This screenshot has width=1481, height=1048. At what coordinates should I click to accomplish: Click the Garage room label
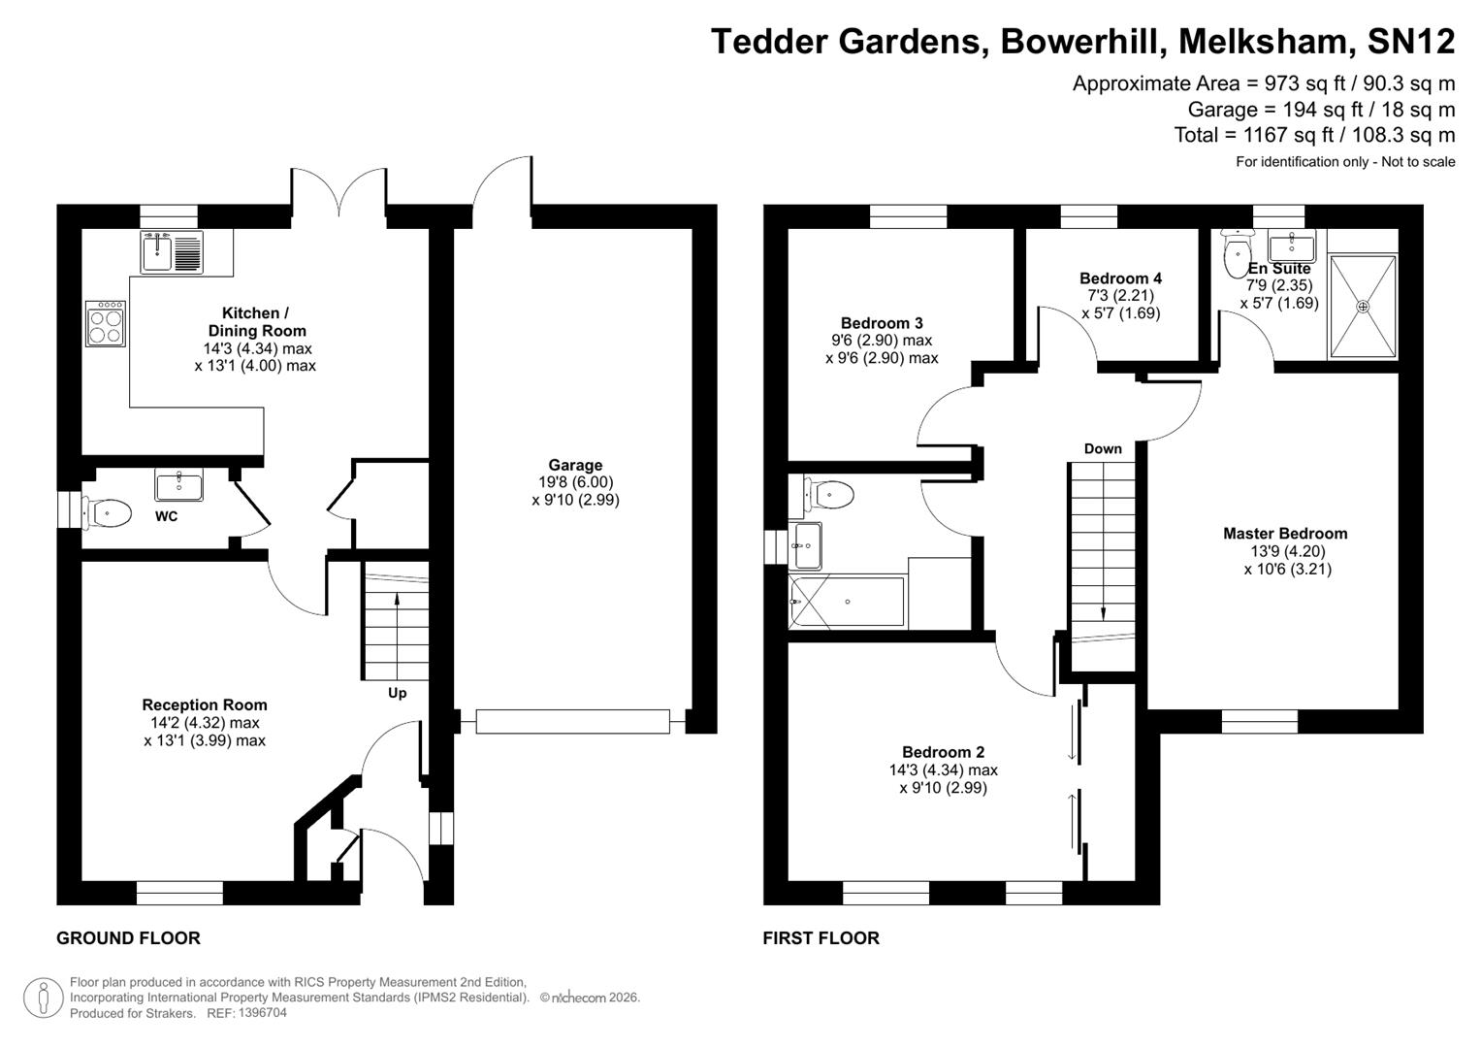[x=575, y=465]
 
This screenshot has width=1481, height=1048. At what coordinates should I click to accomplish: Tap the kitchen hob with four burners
[x=106, y=323]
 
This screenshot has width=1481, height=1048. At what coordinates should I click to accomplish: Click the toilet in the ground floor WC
[x=108, y=511]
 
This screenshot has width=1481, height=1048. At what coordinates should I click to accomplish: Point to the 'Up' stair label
[x=397, y=693]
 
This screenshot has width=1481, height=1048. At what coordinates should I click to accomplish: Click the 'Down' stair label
[x=1103, y=448]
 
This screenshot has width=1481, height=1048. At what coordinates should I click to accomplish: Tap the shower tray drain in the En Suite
[x=1363, y=307]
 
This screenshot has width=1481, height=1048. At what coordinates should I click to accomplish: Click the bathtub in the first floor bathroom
[x=848, y=603]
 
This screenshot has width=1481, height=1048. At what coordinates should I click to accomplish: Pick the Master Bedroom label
[x=1285, y=533]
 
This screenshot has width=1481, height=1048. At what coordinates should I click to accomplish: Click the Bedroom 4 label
[x=1120, y=278]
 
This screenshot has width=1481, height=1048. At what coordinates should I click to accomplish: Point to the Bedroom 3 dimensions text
[x=882, y=349]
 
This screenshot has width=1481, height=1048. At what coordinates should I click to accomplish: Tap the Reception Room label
[x=205, y=704]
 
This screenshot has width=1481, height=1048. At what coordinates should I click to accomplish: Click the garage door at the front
[x=572, y=721]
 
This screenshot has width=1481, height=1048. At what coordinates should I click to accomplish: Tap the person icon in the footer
[x=43, y=998]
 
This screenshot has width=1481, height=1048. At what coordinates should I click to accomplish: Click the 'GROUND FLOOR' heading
[x=128, y=937]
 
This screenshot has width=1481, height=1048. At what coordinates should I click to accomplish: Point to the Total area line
[x=1314, y=135]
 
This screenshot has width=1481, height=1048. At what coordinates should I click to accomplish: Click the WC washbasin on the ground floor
[x=178, y=484]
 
